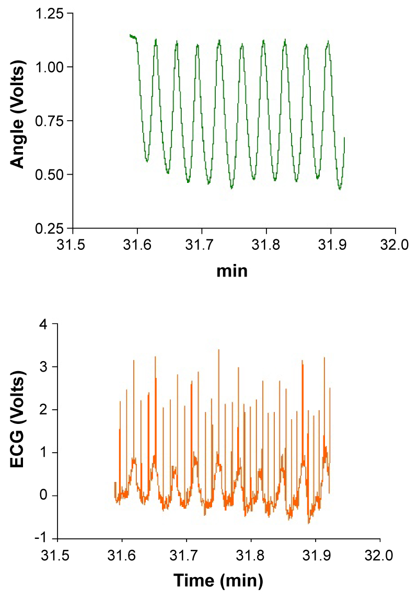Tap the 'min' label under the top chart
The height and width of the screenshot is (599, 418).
pos(233,271)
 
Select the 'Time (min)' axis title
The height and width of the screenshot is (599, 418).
pos(218,580)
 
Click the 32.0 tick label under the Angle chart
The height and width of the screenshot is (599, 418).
pos(395,245)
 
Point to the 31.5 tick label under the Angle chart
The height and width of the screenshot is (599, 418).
pos(73,245)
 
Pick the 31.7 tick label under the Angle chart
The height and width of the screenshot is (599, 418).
pos(202,245)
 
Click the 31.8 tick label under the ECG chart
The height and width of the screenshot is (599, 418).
pos(251,554)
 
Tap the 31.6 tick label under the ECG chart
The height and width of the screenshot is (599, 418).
pos(122,554)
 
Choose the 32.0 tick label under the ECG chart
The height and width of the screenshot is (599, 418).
pos(380,554)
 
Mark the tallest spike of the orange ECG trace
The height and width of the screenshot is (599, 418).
pos(218,350)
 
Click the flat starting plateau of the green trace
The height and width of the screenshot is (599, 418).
pos(133,37)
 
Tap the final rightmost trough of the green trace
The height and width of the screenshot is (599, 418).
pos(340,188)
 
